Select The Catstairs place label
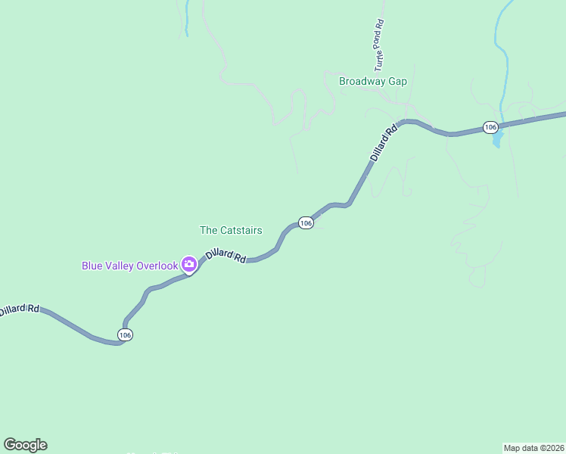pyautogui.click(x=230, y=230)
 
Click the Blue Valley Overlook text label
pyautogui.click(x=129, y=265)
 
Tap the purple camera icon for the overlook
pyautogui.click(x=189, y=265)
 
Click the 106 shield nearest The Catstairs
pyautogui.click(x=305, y=223)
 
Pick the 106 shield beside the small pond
pyautogui.click(x=490, y=127)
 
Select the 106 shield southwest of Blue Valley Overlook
pyautogui.click(x=125, y=334)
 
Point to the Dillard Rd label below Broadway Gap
pyautogui.click(x=384, y=143)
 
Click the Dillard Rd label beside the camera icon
pyautogui.click(x=225, y=256)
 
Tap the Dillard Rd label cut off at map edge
pyautogui.click(x=19, y=309)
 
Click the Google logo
pyautogui.click(x=25, y=445)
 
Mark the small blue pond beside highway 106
pyautogui.click(x=497, y=140)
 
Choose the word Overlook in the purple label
pyautogui.click(x=157, y=265)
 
